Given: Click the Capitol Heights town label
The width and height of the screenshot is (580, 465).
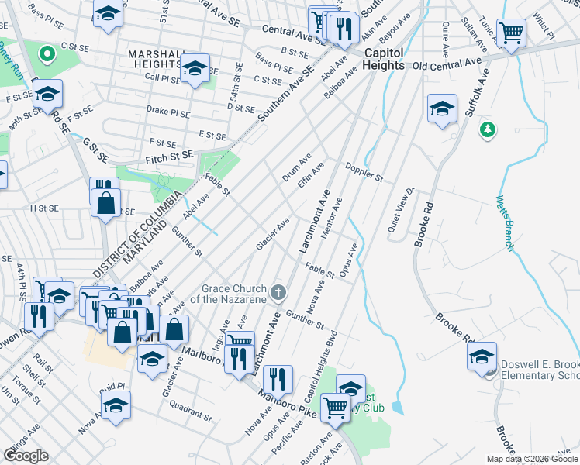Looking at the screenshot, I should coord(385,59).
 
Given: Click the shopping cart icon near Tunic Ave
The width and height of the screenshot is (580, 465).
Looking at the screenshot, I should coord(510,33).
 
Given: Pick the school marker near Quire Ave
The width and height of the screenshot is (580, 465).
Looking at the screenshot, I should coord(442,108).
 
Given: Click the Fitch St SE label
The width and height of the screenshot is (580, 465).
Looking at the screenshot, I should coord(169,158).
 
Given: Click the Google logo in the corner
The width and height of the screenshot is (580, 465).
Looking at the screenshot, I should coord(26,456).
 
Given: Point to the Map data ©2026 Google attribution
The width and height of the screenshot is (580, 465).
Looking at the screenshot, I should coord(532,459).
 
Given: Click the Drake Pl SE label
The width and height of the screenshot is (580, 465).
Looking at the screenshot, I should coord(168,112).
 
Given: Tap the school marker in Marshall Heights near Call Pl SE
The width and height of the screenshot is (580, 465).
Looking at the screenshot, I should coord(196,68).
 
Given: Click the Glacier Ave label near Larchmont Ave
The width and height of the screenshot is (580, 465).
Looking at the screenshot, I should coord(273,234).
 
